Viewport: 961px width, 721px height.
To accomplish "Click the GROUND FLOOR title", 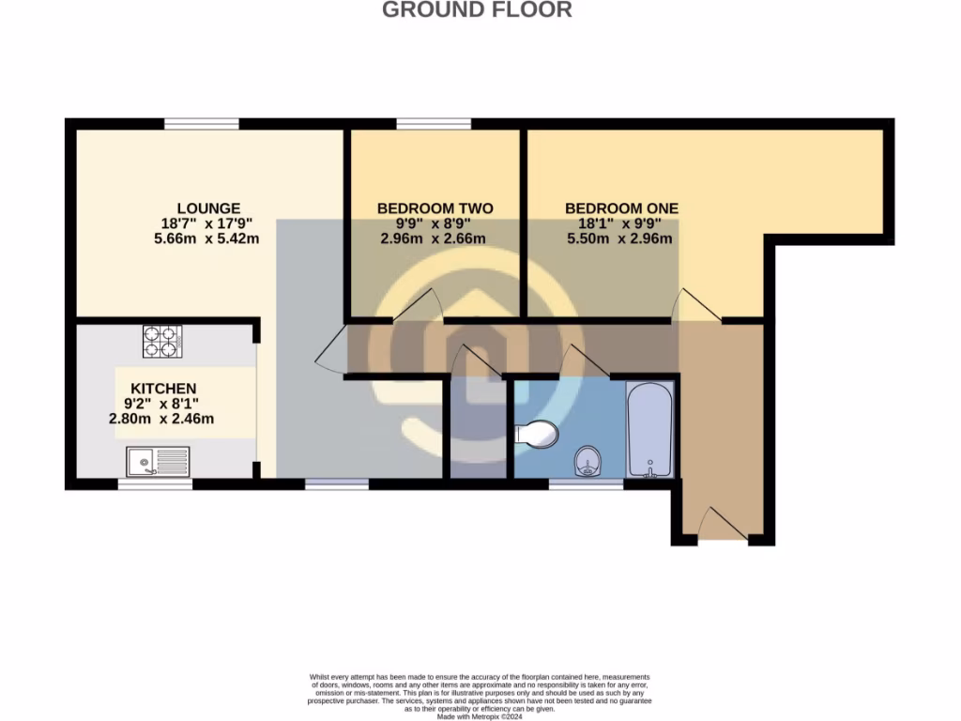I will [477, 10].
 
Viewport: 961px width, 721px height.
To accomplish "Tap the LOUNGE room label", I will [208, 208].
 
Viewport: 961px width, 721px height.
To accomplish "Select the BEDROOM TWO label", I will [435, 208].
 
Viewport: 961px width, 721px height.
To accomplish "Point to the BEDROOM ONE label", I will [621, 208].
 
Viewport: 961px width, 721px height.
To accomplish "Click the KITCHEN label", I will [163, 389].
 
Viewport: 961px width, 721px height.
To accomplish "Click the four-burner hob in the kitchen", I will [161, 341].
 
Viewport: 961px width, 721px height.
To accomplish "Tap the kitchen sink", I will [158, 461].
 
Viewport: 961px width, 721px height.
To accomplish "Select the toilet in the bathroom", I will [538, 434].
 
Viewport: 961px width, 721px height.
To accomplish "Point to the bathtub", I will [650, 431].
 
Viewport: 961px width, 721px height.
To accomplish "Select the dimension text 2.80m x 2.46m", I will [161, 419].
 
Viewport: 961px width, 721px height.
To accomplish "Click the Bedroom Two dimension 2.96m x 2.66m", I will [434, 238].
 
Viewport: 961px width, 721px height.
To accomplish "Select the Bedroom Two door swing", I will [419, 306].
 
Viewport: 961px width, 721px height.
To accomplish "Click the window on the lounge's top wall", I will [201, 123].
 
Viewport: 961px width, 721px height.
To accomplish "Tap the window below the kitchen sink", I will [155, 484].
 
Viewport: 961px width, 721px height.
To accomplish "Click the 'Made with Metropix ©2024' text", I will [480, 716].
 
